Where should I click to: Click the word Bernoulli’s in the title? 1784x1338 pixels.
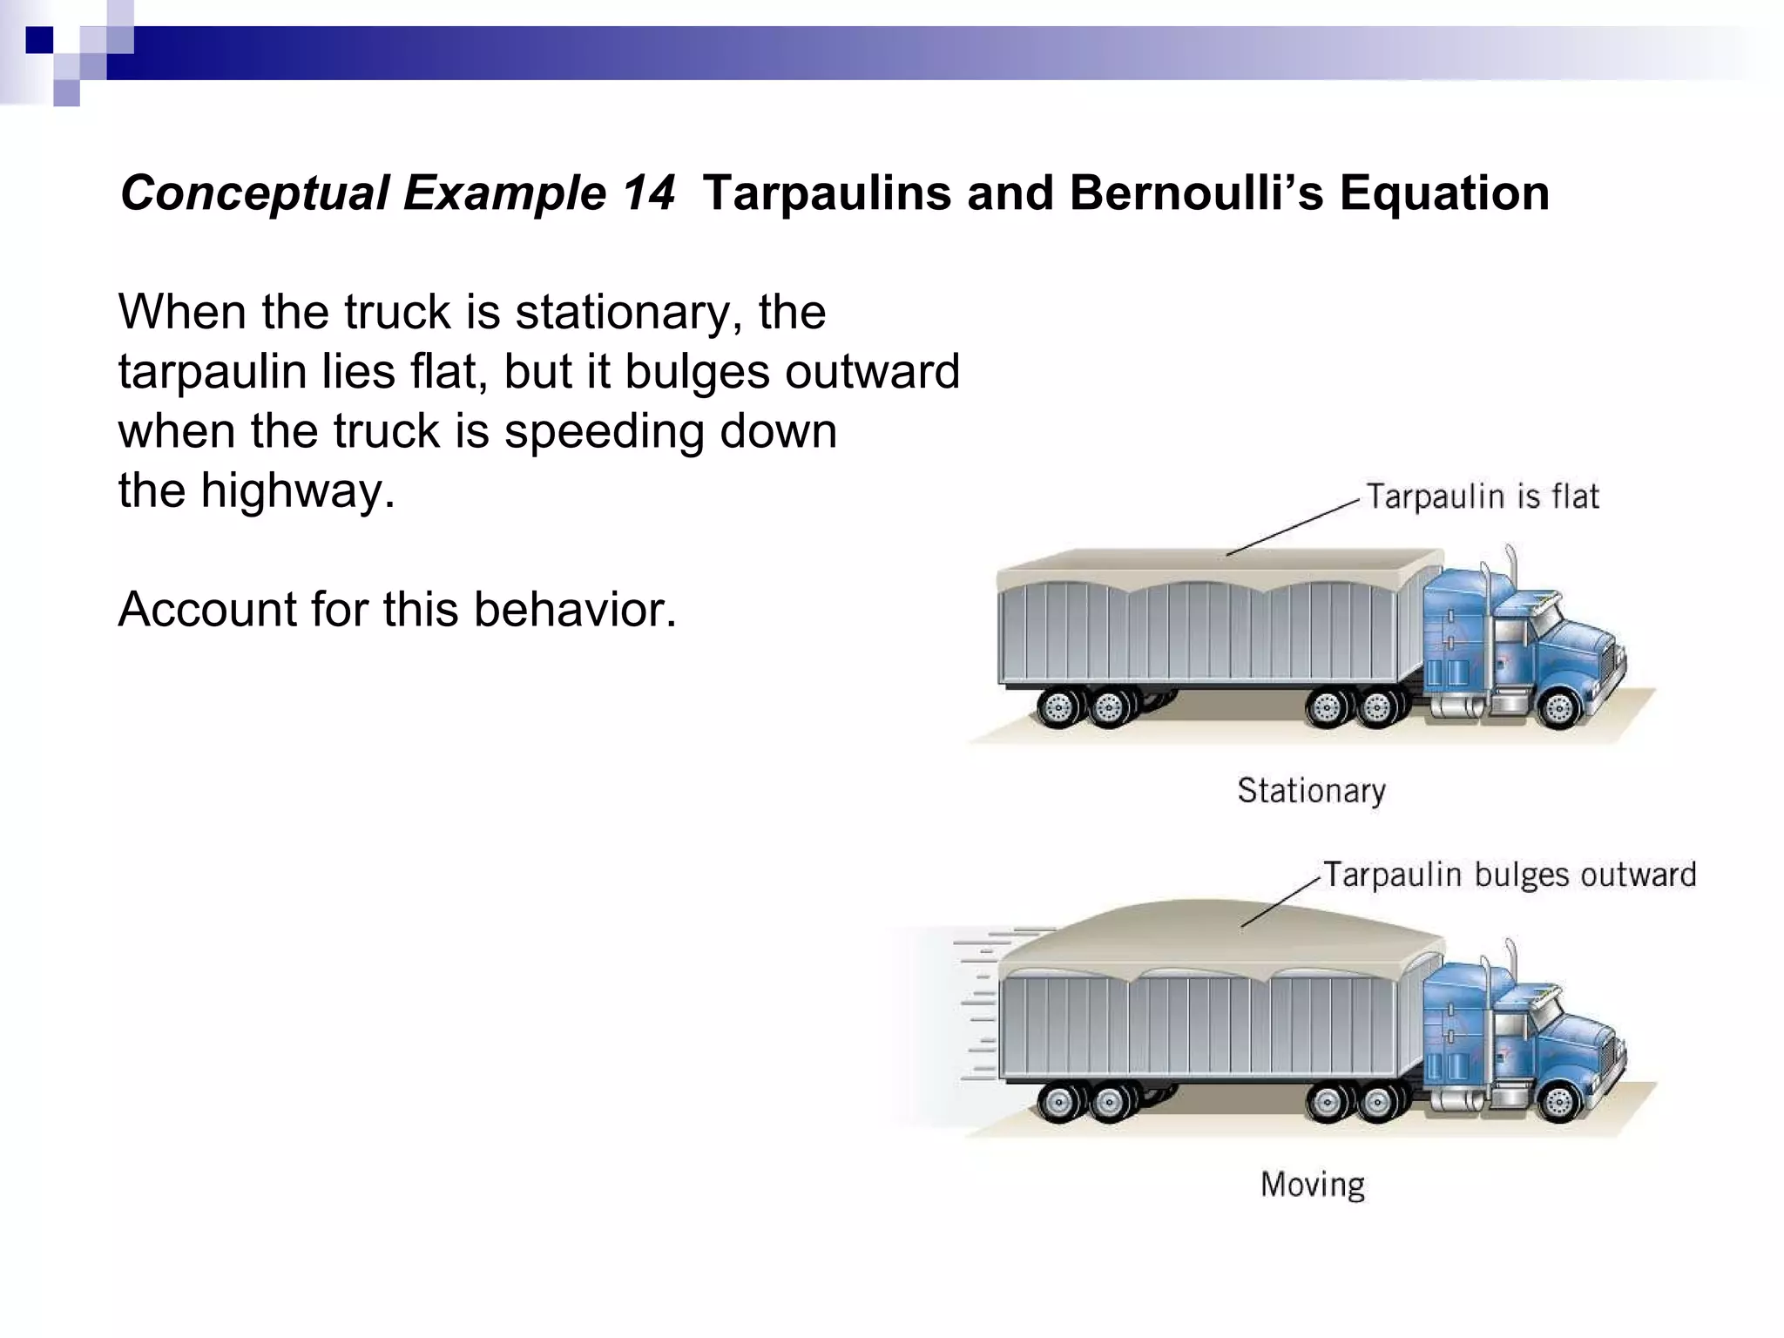[x=1196, y=193]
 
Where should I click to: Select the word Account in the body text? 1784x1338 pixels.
[x=206, y=609]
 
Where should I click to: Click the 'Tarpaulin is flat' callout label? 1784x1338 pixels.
[x=1482, y=497]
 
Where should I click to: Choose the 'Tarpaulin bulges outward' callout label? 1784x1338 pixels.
[x=1510, y=875]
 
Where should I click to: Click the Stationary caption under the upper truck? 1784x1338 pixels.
[x=1311, y=791]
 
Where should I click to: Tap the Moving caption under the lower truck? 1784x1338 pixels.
[x=1312, y=1185]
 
